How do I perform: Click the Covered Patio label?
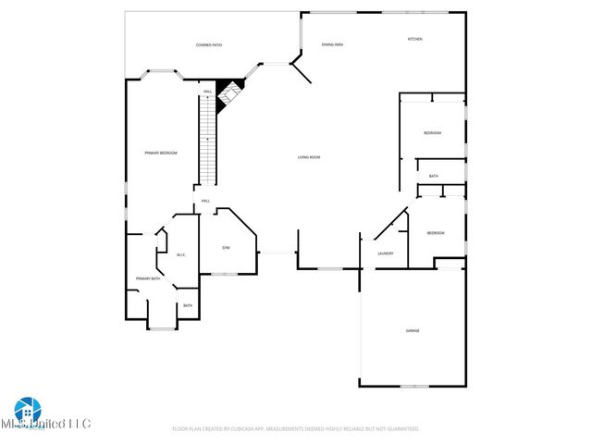tap(208, 44)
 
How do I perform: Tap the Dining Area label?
tap(332, 44)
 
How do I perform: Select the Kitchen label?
tap(415, 39)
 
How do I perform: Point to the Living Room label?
tap(309, 157)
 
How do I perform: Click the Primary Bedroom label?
tap(160, 153)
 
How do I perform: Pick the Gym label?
tap(225, 248)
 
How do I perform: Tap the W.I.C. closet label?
tap(181, 255)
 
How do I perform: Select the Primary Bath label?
tap(148, 278)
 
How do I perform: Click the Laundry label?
tap(386, 253)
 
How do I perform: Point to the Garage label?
tap(413, 330)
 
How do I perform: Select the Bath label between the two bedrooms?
tap(433, 176)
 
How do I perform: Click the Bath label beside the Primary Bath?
tap(188, 305)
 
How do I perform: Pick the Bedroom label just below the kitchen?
tap(432, 133)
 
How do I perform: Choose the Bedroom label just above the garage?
tap(436, 233)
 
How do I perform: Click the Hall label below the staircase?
tap(205, 201)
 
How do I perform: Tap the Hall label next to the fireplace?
tap(208, 91)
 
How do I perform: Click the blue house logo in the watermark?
tap(27, 408)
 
